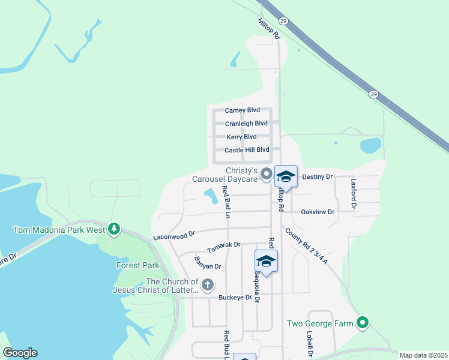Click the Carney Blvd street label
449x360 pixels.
pyautogui.click(x=242, y=110)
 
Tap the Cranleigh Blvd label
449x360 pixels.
pyautogui.click(x=246, y=124)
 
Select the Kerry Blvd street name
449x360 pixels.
pyautogui.click(x=242, y=137)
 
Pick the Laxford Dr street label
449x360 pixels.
pyautogui.click(x=354, y=193)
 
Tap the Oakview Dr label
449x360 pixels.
pyautogui.click(x=318, y=212)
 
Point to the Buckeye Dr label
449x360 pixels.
pyautogui.click(x=235, y=298)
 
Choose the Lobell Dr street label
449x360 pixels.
pyautogui.click(x=309, y=344)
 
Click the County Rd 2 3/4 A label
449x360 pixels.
pyautogui.click(x=306, y=246)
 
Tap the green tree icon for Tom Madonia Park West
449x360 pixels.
pyautogui.click(x=114, y=229)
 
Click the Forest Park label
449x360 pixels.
pyautogui.click(x=137, y=265)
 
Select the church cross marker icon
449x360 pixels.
pyautogui.click(x=208, y=286)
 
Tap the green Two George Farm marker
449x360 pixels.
pyautogui.click(x=362, y=323)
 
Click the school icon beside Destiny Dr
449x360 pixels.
pyautogui.click(x=286, y=176)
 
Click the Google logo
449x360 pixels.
pyautogui.click(x=20, y=353)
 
